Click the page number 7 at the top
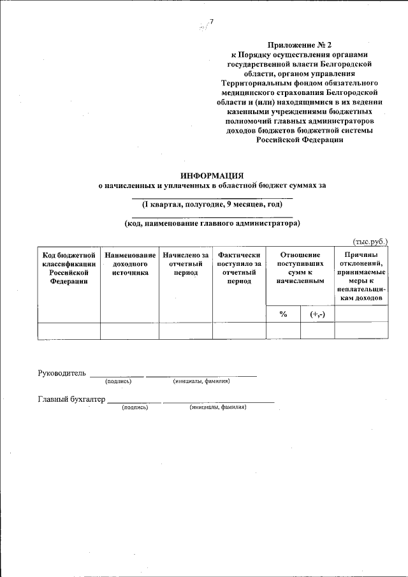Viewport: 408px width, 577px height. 211,24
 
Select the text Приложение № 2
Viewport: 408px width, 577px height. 300,46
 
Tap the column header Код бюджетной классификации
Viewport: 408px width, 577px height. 69,268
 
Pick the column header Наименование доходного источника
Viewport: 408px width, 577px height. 130,263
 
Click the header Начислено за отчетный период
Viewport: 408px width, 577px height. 186,263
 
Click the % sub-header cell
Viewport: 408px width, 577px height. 283,314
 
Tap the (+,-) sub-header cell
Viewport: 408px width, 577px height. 317,314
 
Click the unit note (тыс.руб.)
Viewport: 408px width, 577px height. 370,242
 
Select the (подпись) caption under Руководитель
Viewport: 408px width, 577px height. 118,381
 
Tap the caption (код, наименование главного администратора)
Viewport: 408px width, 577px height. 212,223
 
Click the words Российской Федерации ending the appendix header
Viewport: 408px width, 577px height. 300,140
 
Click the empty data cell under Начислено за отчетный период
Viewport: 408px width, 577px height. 186,330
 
